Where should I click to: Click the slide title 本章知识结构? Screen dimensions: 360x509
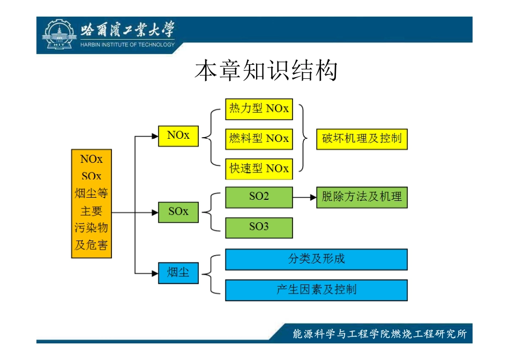coord(266,71)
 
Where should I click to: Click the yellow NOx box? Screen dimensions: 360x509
coord(178,136)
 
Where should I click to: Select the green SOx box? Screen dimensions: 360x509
coord(178,212)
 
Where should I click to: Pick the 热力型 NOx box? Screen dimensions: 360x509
coord(259,109)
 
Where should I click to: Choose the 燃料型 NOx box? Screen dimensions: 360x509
coord(259,139)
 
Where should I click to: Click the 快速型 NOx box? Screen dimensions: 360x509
coord(259,168)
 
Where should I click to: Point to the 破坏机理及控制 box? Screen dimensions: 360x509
coord(362,139)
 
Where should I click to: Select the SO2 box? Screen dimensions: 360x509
coord(259,197)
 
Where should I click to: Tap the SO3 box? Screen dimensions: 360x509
coord(259,227)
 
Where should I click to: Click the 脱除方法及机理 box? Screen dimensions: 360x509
coord(362,197)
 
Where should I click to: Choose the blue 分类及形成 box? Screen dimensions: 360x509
coord(316,259)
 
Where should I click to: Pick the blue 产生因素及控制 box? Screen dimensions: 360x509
coord(316,290)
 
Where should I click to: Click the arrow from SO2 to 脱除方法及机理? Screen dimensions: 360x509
coord(304,197)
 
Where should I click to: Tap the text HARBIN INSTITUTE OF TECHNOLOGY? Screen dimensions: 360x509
coord(128,44)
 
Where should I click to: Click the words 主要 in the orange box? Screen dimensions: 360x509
coord(92,211)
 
